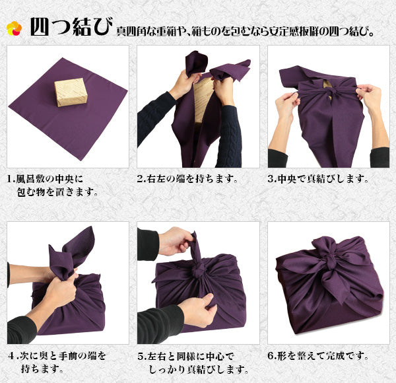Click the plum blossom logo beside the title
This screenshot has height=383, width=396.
pos(14,28)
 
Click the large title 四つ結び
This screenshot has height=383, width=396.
pos(71,27)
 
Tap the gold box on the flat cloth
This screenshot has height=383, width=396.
pos(71,92)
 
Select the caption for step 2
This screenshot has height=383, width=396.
pos(187,179)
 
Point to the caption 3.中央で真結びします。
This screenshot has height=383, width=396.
pos(318,179)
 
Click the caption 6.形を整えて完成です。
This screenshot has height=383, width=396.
pos(318,356)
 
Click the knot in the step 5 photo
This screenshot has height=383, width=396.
pos(199,271)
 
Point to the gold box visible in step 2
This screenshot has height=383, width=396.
pos(203,100)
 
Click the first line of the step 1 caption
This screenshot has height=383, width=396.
pos(45,179)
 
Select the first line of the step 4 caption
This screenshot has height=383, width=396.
pos(57,356)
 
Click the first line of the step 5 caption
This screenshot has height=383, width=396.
pos(186,356)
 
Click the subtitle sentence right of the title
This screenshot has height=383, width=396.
pos(245,31)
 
